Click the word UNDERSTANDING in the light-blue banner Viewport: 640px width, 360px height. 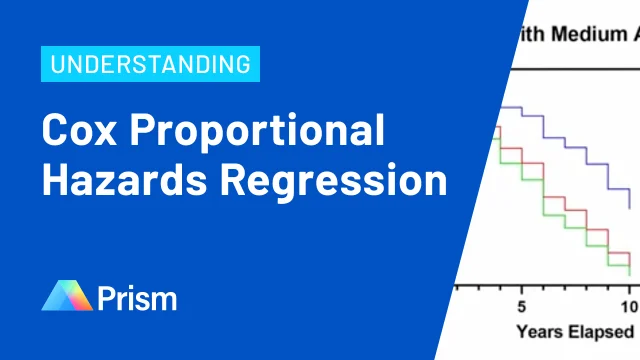(x=151, y=66)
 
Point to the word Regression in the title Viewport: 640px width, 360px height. (x=334, y=184)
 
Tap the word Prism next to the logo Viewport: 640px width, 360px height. (x=137, y=297)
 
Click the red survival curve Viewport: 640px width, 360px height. (x=560, y=199)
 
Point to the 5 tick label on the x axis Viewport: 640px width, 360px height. (x=521, y=305)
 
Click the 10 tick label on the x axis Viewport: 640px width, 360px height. (x=629, y=305)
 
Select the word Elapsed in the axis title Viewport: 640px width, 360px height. (x=600, y=331)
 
